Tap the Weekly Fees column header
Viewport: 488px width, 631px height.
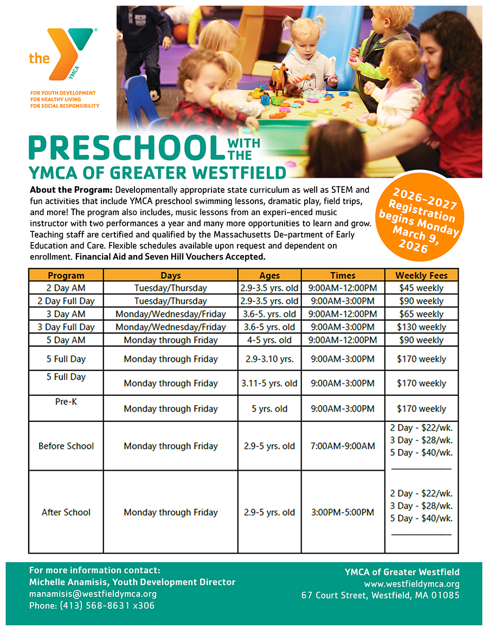[421, 275]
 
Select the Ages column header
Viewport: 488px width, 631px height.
[269, 275]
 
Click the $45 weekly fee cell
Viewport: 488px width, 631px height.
[421, 288]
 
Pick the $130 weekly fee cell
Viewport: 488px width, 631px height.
[421, 327]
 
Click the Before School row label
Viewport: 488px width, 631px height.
[66, 446]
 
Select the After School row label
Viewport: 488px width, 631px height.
[66, 512]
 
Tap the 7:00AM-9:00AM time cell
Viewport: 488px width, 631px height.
[342, 446]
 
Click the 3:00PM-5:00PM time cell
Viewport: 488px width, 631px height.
[342, 512]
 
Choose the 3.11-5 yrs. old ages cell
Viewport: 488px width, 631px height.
[269, 383]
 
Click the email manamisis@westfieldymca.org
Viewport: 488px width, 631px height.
[93, 594]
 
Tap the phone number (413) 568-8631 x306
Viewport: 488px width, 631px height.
[92, 606]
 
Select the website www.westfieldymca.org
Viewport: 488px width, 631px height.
[412, 584]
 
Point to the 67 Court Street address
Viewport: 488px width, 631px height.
[380, 595]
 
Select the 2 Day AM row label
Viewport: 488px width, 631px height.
[66, 288]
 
